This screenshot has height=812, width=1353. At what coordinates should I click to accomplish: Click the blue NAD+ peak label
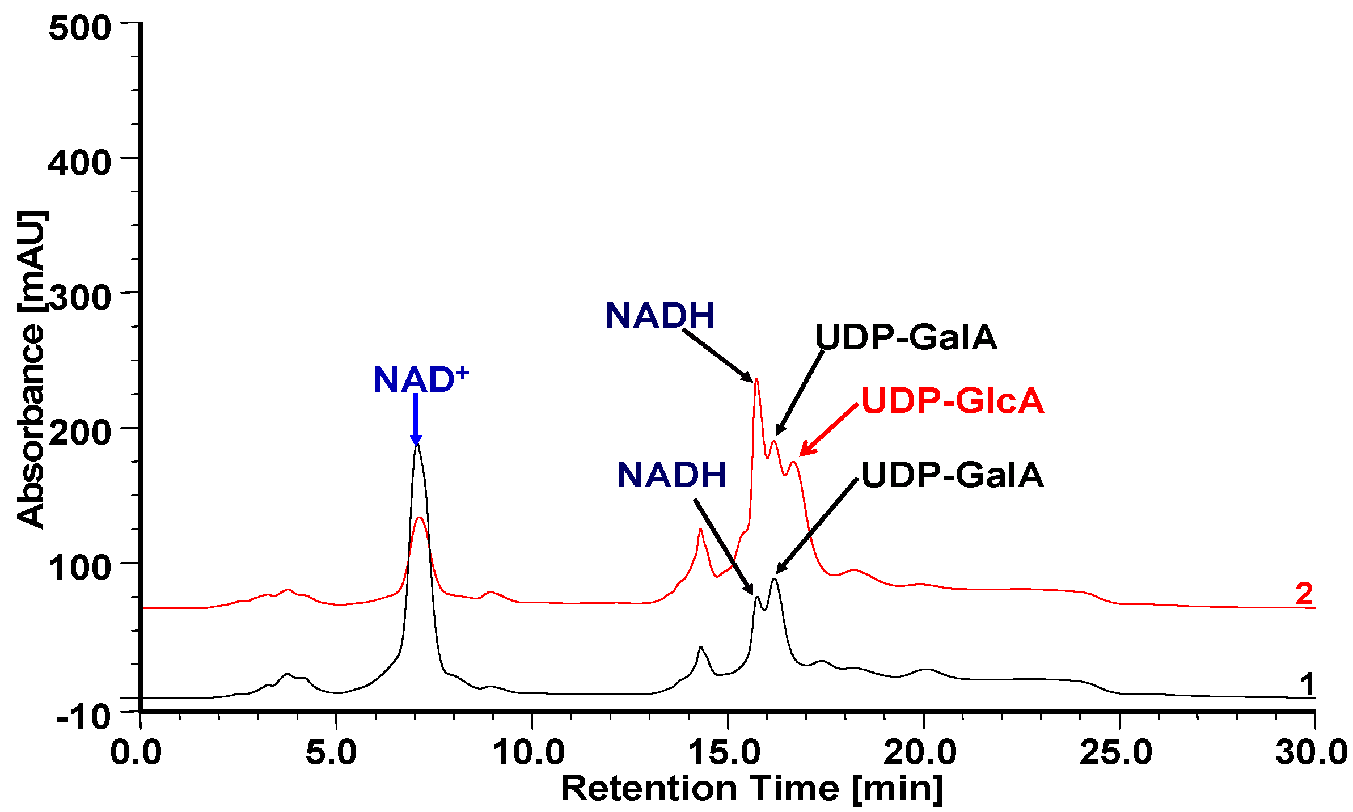(420, 379)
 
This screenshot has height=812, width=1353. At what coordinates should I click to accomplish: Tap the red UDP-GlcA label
(952, 401)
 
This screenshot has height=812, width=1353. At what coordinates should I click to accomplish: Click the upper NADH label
(660, 315)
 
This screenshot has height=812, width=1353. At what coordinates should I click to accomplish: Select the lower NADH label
(671, 475)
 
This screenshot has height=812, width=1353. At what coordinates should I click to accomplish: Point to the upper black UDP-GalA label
(906, 337)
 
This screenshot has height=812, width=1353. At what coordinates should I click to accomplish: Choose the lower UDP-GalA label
(952, 475)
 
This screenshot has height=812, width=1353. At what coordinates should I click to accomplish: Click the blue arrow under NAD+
(416, 420)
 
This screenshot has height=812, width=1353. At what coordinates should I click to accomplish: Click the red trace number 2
(1304, 594)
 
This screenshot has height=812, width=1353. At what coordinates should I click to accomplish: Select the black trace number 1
(1307, 684)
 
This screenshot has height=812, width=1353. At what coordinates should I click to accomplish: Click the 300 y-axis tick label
(79, 297)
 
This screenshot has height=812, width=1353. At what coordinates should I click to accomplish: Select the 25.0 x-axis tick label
(1116, 752)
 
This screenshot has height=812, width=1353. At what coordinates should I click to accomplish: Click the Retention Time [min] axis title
(752, 788)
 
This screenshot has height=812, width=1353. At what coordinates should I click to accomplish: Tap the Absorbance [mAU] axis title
(31, 369)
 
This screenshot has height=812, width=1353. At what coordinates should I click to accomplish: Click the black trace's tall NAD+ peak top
(417, 445)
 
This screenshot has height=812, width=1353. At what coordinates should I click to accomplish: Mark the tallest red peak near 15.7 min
(756, 379)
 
